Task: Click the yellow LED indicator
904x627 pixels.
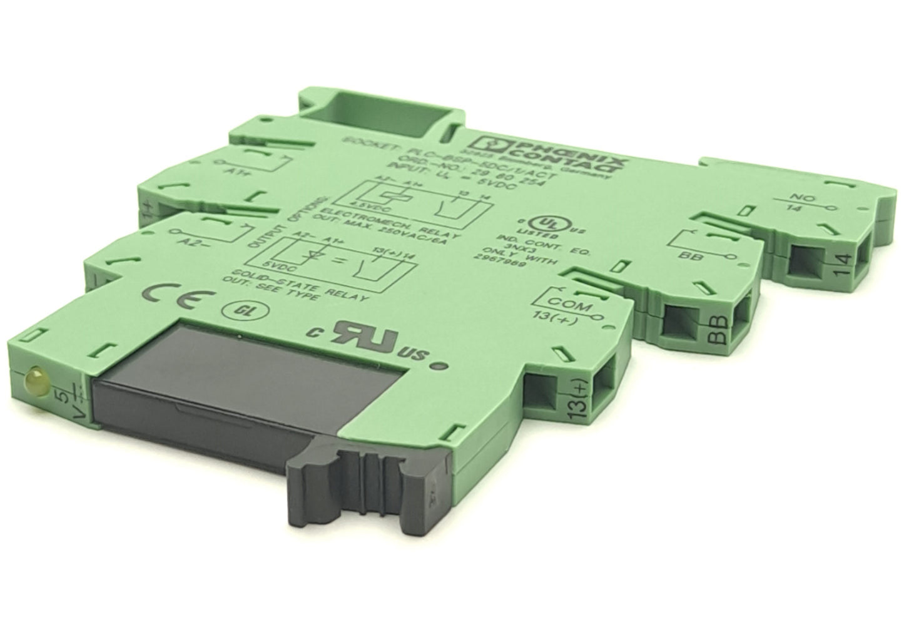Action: [x=32, y=377]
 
